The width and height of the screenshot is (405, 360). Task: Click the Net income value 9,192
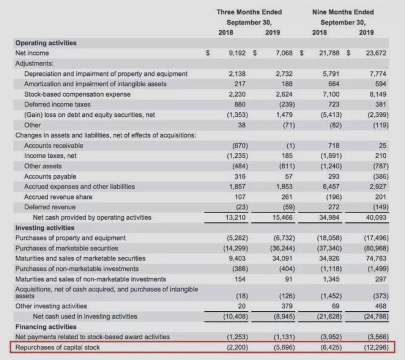pos(237,53)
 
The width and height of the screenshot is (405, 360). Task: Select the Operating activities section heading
pos(46,43)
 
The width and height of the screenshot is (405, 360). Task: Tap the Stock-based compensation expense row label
pos(77,94)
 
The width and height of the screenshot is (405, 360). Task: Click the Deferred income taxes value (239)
pos(287,104)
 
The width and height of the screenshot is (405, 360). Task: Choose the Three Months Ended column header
pos(249,12)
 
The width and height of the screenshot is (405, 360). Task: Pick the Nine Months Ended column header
pos(343,12)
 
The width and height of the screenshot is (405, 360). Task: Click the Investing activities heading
pos(45,228)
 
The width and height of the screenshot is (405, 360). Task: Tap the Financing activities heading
pos(46,327)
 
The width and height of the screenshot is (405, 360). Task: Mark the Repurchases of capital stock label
pos(58,347)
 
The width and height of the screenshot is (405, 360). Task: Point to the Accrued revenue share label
pos(58,197)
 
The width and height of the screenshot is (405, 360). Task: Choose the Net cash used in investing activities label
pos(85,316)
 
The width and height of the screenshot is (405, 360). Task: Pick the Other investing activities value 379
pos(287,306)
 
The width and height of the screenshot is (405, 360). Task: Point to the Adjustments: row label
pos(34,63)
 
